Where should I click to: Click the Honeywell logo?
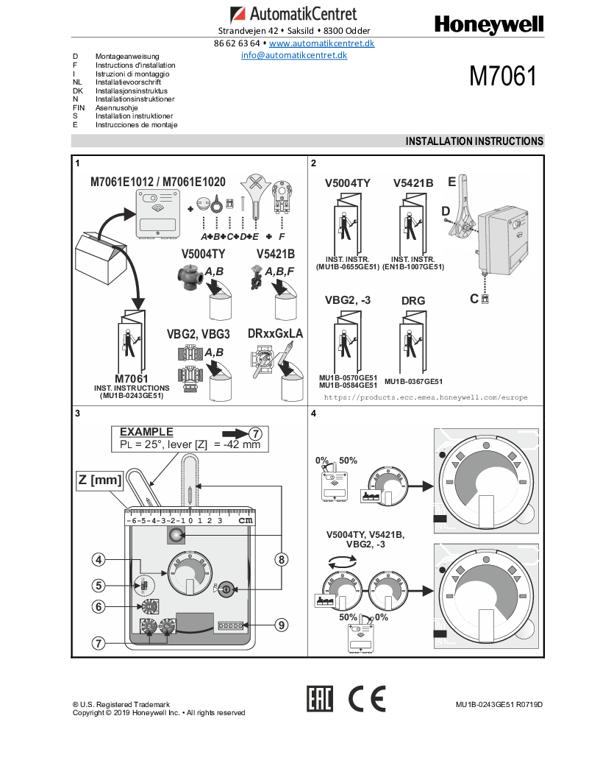(489, 25)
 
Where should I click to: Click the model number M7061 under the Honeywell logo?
(503, 76)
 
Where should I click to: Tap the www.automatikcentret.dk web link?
(321, 43)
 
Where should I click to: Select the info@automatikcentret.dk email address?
(294, 55)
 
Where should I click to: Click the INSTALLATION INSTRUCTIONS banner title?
(474, 141)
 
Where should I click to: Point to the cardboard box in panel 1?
(101, 258)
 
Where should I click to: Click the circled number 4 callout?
(99, 560)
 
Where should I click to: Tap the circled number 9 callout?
(281, 625)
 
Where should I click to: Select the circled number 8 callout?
(281, 560)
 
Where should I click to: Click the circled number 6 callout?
(99, 606)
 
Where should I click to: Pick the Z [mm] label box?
(99, 480)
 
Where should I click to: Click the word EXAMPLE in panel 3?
(146, 432)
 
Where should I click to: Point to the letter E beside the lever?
(451, 182)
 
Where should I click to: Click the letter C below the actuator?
(474, 299)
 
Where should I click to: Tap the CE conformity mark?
(367, 699)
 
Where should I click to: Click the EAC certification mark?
(320, 699)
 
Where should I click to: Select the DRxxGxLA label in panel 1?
(275, 333)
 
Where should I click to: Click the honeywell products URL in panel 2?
(426, 397)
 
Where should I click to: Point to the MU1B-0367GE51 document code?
(413, 382)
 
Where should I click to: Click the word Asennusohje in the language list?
(117, 107)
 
